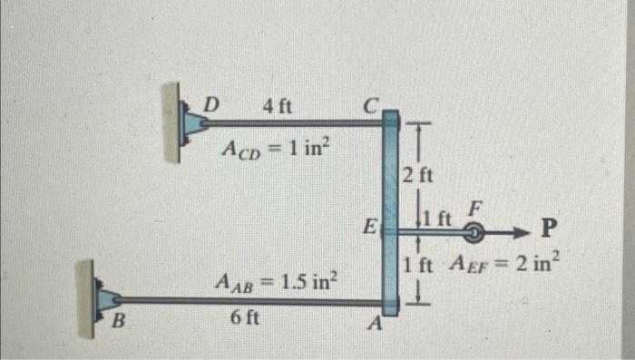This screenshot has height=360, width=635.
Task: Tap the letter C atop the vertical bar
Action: [x=369, y=105]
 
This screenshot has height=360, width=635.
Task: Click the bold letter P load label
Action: [x=549, y=227]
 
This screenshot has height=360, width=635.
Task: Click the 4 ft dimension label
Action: [x=277, y=105]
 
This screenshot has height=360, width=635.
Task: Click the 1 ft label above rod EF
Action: [x=438, y=219]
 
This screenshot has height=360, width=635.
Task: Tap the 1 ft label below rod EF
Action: [x=418, y=266]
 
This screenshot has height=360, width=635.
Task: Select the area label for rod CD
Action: [x=274, y=148]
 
